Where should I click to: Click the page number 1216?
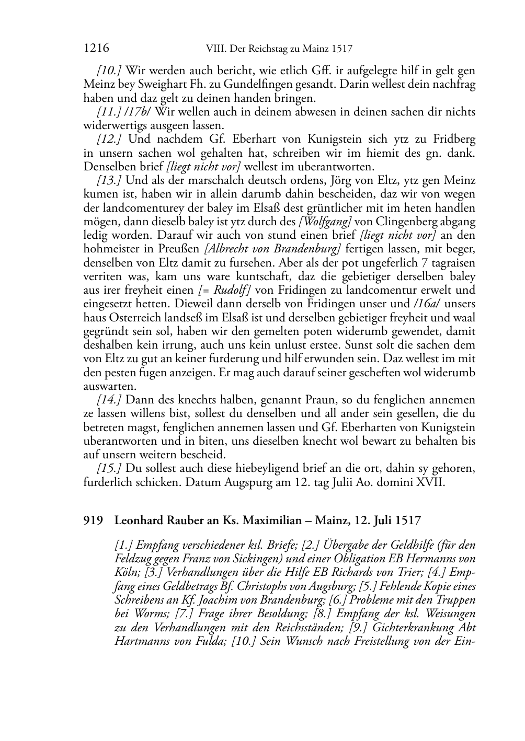tap(96, 49)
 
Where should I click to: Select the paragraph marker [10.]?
tap(109, 71)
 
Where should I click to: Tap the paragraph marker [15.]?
tap(109, 468)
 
